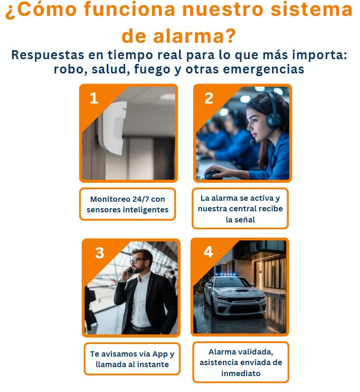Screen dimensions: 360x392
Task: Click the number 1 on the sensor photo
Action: [93, 98]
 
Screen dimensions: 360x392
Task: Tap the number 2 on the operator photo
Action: [209, 98]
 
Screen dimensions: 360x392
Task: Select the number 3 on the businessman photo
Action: [99, 253]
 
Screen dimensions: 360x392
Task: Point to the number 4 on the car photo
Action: [209, 252]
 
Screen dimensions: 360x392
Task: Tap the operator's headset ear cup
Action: [274, 120]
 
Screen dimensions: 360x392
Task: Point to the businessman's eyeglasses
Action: [137, 260]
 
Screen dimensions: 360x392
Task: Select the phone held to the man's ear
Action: [130, 271]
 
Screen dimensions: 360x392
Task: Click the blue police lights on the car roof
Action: [226, 275]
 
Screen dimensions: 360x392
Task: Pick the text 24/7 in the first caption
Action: [140, 199]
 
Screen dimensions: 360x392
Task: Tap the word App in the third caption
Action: [160, 354]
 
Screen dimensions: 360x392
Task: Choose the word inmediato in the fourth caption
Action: [241, 374]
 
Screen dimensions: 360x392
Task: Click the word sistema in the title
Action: [312, 10]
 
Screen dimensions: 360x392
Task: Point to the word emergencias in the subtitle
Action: [263, 69]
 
